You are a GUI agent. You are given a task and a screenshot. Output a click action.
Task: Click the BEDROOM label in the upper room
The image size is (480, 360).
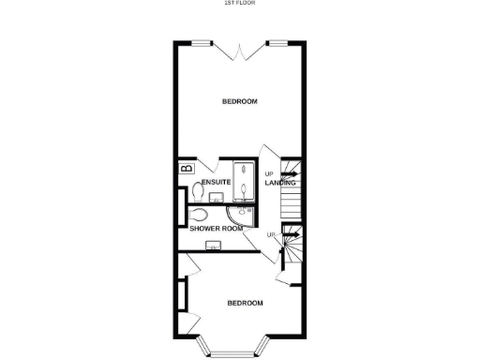240,101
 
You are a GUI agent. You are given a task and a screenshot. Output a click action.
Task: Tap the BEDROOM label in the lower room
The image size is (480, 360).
245,303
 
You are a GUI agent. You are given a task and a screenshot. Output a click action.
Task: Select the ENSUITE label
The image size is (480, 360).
217,181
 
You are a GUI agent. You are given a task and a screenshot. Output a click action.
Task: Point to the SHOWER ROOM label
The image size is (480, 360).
217,228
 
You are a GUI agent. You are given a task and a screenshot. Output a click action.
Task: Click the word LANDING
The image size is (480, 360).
279,183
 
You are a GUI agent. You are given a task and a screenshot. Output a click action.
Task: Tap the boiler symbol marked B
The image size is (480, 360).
186,168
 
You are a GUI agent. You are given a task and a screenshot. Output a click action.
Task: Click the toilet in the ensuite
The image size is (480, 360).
197,192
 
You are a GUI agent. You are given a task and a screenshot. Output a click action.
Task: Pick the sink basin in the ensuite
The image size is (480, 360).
216,198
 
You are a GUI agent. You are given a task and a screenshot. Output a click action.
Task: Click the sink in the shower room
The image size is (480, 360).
213,246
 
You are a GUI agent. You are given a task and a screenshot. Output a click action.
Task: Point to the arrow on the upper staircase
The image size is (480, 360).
290,173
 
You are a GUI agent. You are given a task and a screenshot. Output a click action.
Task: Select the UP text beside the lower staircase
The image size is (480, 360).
271,233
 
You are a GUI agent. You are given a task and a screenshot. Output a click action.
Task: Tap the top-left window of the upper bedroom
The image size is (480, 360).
201,42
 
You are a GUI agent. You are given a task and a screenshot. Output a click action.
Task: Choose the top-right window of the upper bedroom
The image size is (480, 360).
277,42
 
